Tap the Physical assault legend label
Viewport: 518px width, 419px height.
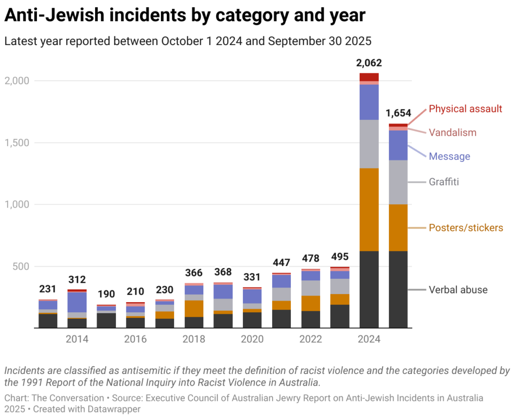coord(465,109)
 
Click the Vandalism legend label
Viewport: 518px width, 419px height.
coord(452,133)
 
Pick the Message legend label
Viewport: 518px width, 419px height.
coord(449,156)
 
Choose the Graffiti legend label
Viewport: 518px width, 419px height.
coord(444,182)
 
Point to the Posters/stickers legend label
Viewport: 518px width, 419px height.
coord(465,228)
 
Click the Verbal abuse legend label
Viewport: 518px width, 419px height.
coord(458,290)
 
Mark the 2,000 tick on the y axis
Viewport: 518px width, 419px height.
coord(17,81)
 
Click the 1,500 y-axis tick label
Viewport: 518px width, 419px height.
coord(17,143)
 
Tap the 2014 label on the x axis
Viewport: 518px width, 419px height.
coord(77,339)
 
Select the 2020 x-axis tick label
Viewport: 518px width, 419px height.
coord(252,339)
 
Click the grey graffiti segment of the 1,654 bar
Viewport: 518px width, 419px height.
coord(398,182)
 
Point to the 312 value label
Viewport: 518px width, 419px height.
coord(77,280)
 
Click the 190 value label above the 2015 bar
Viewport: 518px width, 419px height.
coord(106,295)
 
